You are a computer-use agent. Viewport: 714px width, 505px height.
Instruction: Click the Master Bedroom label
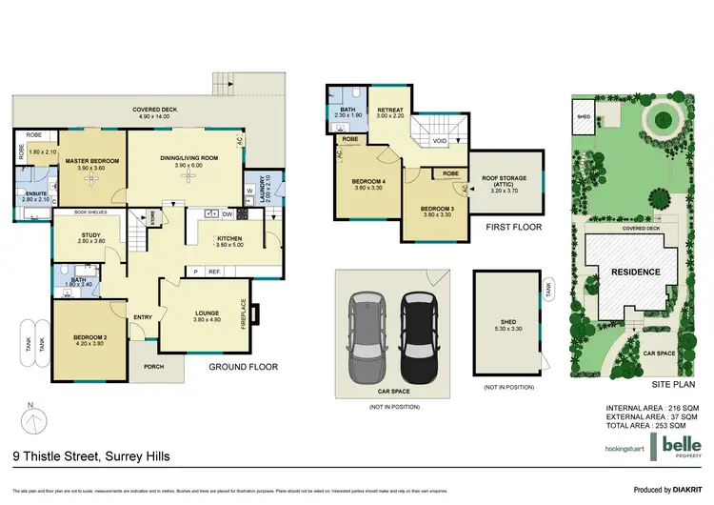(x=91, y=162)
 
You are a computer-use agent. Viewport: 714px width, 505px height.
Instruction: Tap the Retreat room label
(x=391, y=110)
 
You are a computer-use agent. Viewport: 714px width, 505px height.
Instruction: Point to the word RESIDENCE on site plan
(x=634, y=272)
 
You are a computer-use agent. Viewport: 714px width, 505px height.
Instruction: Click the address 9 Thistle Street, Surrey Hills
(x=92, y=457)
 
